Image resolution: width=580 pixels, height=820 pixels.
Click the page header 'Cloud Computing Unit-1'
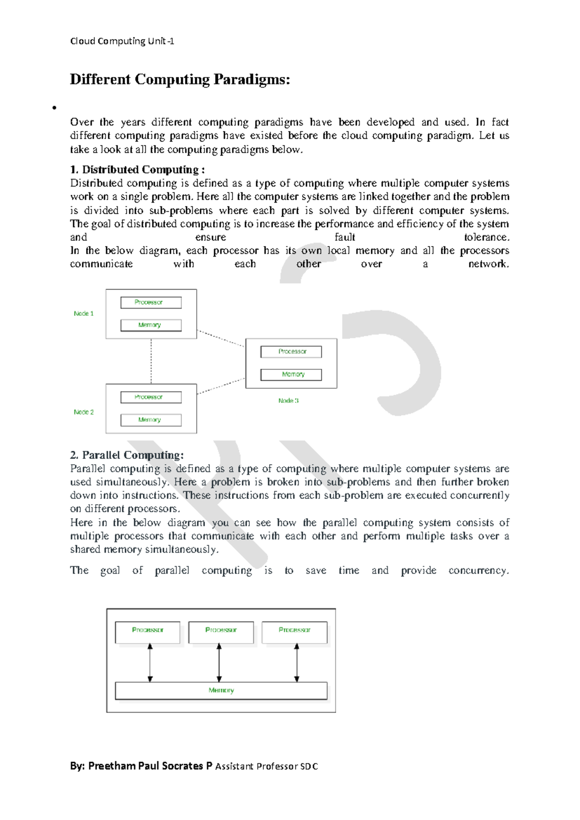(x=122, y=41)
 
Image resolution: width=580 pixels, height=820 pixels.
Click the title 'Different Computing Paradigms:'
(x=180, y=79)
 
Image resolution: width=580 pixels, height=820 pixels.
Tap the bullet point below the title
(x=55, y=108)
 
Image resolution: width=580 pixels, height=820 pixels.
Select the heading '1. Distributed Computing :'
(x=137, y=170)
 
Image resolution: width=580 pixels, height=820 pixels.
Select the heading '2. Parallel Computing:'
(x=127, y=455)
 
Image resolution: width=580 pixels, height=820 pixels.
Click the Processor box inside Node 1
(x=151, y=302)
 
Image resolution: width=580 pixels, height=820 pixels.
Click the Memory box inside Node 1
(x=151, y=325)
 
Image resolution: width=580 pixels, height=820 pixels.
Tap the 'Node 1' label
(x=84, y=313)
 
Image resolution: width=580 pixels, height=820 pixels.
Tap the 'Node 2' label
(x=84, y=412)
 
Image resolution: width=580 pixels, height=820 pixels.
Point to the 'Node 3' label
(x=289, y=400)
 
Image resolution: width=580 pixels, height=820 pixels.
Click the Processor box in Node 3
(x=291, y=351)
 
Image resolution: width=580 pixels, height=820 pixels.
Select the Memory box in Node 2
(x=151, y=420)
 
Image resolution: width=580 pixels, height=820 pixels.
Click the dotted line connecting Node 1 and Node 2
(x=151, y=361)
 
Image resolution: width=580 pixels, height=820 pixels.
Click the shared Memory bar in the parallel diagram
(x=221, y=690)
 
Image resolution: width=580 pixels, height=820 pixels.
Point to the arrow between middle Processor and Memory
(x=219, y=662)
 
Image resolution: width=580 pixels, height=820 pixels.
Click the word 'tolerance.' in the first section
(x=486, y=237)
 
